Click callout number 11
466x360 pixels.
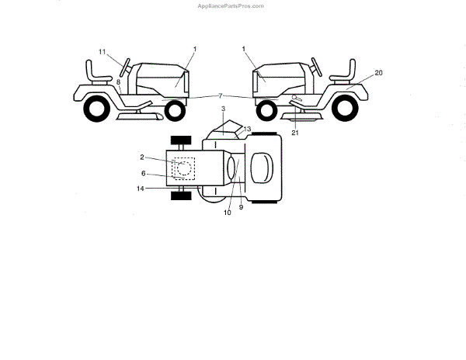point(102,51)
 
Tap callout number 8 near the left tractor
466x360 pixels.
point(118,81)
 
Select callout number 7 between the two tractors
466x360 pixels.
point(221,95)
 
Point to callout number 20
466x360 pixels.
point(378,72)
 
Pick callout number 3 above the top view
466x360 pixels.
point(223,109)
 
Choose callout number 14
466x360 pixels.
point(140,189)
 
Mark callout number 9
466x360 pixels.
point(241,206)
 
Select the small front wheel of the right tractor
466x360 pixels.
point(265,110)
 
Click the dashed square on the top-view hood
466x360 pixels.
point(184,168)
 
